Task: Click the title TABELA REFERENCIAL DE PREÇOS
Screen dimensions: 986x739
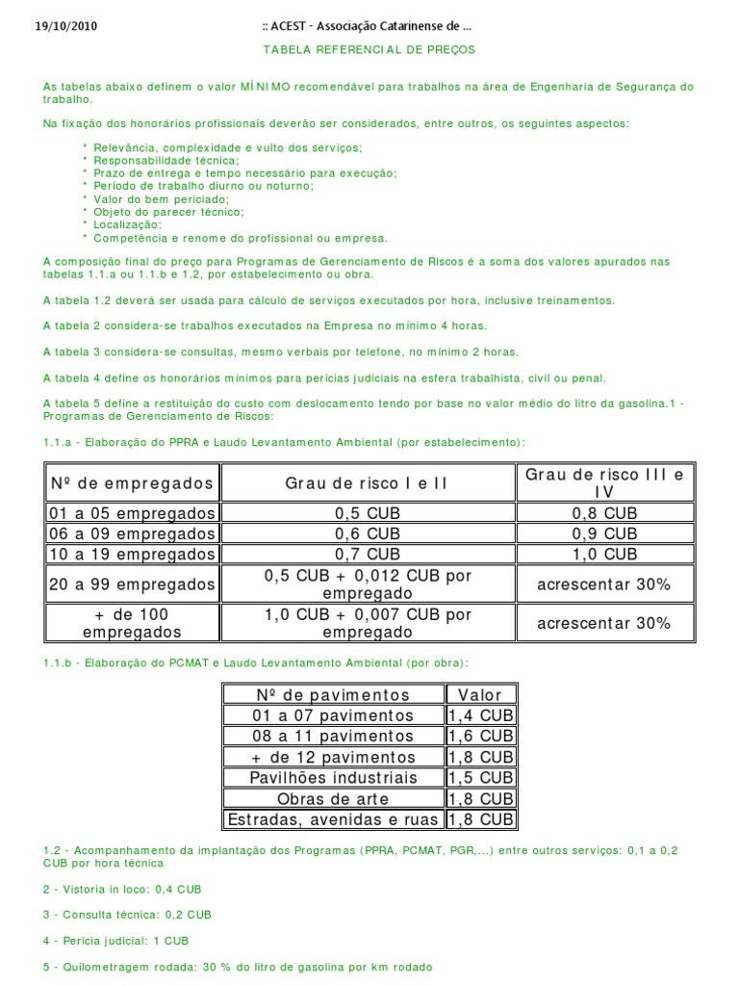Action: [x=369, y=49]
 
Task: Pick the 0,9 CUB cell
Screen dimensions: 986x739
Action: [x=603, y=533]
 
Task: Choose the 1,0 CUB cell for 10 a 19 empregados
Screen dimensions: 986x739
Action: [x=603, y=555]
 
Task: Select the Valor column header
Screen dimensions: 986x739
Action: [x=480, y=694]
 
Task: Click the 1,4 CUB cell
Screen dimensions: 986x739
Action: [x=480, y=715]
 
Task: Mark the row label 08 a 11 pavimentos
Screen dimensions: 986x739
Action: [x=333, y=737]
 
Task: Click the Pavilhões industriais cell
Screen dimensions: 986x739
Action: [x=333, y=778]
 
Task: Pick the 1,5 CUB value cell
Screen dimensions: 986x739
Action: [x=480, y=778]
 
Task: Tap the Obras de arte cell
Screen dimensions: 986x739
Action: [x=333, y=799]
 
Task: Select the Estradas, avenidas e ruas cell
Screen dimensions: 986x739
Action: [x=333, y=820]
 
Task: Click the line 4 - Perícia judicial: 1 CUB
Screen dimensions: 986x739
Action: [x=116, y=940]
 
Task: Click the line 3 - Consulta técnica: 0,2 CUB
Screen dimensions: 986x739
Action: [x=127, y=915]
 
